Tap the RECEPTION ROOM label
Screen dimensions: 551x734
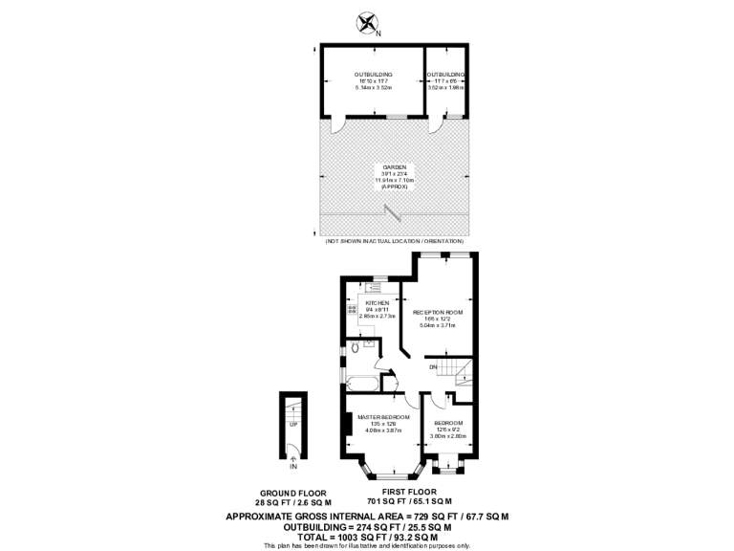[438, 313]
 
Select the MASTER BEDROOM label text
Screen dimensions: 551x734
[383, 418]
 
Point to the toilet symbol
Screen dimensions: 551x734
[356, 349]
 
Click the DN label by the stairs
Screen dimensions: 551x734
[433, 367]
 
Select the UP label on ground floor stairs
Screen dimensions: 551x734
[293, 424]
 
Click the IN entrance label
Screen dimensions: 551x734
[293, 467]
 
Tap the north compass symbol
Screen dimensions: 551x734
[367, 23]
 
